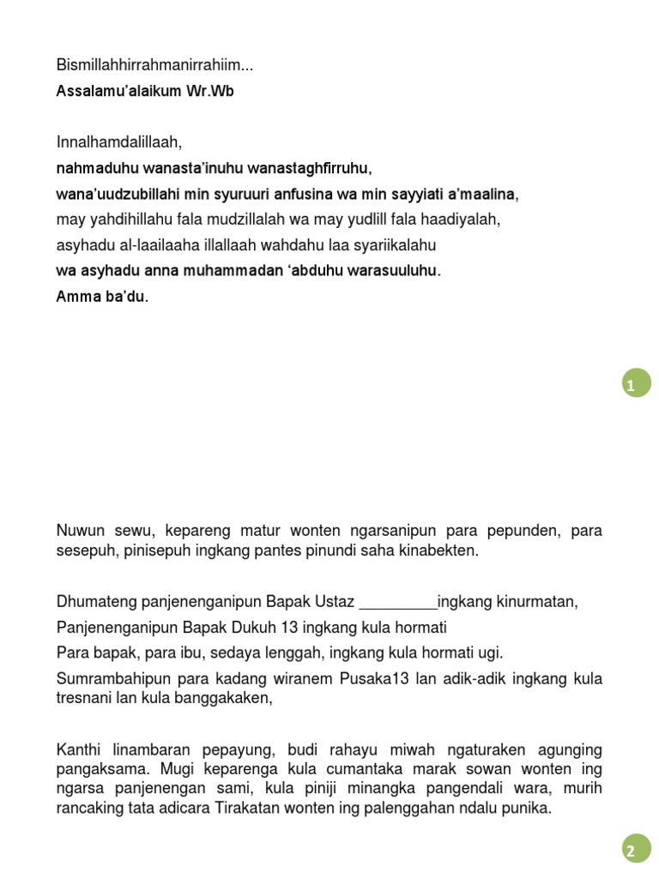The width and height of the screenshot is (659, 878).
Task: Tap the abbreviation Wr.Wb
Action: [x=209, y=91]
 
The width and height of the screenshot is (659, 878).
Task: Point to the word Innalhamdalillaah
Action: [x=118, y=142]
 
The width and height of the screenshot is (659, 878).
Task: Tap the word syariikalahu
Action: [x=393, y=245]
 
